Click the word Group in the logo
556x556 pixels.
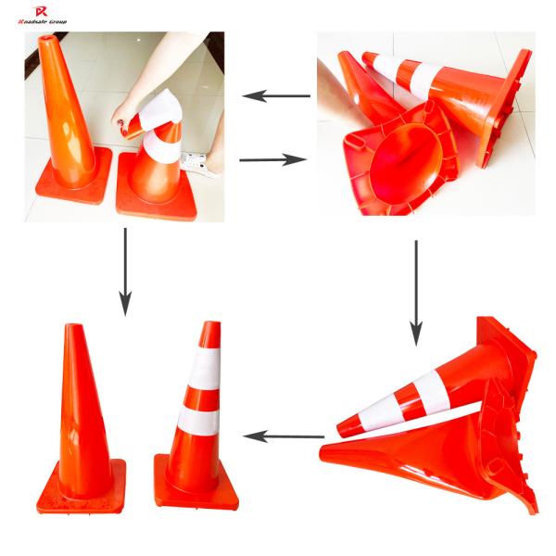coord(57,20)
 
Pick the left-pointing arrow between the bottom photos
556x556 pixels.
coord(283,436)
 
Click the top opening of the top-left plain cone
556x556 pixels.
coord(45,41)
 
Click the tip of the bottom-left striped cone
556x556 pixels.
coord(211,326)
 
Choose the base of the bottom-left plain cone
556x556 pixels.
coord(82,488)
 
